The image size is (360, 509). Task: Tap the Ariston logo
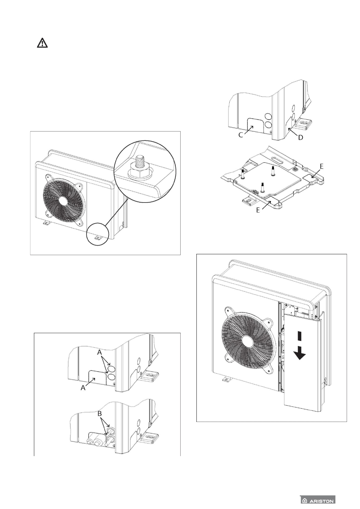318,500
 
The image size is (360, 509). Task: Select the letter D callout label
300,138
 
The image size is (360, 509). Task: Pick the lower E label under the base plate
258,210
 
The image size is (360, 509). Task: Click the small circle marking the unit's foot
97,238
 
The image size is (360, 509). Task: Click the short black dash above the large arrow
299,336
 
